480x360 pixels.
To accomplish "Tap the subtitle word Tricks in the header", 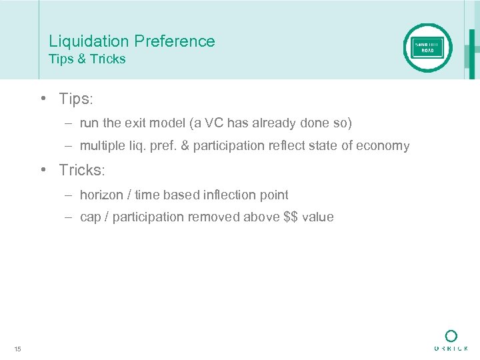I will (107, 59).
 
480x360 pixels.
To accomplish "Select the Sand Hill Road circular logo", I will (427, 47).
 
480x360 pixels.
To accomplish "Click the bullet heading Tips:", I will (76, 99).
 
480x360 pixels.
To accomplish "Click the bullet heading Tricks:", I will (81, 171).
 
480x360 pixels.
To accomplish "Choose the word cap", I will (89, 217).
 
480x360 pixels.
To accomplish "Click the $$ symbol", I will (293, 217).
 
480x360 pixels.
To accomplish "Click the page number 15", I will (17, 349).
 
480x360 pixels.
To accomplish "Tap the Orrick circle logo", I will (451, 336).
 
